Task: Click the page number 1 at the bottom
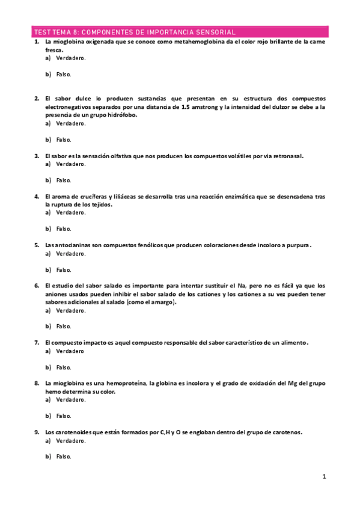click(x=324, y=477)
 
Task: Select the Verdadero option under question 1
click(x=70, y=59)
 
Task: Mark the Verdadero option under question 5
click(x=70, y=254)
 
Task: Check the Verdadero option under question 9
click(x=70, y=440)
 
